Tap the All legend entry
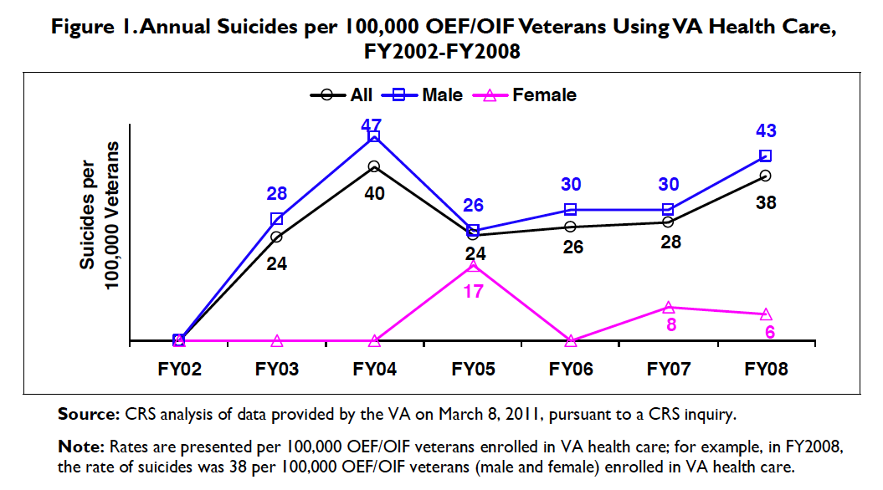(x=342, y=95)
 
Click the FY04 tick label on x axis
(x=375, y=369)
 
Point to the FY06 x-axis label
(x=571, y=369)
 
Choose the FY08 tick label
(x=766, y=369)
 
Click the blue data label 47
(x=371, y=125)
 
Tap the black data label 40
(x=374, y=194)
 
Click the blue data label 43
(x=766, y=131)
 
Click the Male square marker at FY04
(x=374, y=136)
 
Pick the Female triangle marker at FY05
(x=473, y=266)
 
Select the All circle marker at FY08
(x=765, y=176)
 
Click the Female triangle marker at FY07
(x=668, y=308)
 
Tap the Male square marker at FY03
(x=276, y=219)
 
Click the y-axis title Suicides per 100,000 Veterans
(x=100, y=216)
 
